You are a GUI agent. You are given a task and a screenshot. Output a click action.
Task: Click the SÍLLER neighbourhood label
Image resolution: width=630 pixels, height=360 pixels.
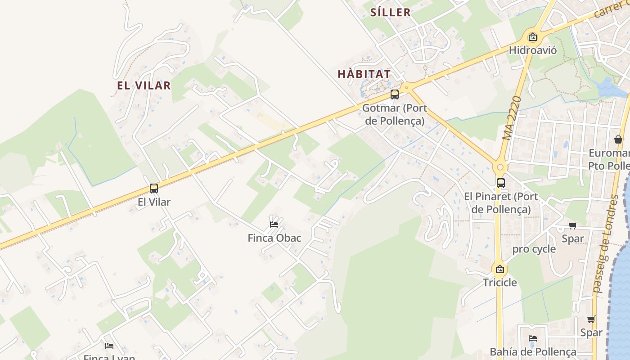pyautogui.click(x=390, y=12)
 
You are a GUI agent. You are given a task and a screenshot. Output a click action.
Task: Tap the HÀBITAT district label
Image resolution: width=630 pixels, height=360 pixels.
pyautogui.click(x=364, y=74)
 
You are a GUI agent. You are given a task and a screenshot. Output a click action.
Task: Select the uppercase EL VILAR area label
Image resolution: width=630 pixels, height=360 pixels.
pyautogui.click(x=144, y=85)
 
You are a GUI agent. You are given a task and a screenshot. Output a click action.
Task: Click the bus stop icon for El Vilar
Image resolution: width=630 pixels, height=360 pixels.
pyautogui.click(x=154, y=189)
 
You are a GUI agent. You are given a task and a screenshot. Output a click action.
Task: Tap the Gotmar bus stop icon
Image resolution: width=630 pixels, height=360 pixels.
pyautogui.click(x=395, y=94)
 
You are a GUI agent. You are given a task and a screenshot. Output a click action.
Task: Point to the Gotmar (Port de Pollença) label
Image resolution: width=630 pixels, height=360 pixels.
pyautogui.click(x=395, y=114)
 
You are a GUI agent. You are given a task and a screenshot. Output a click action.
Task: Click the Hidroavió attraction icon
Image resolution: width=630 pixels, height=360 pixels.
pyautogui.click(x=533, y=37)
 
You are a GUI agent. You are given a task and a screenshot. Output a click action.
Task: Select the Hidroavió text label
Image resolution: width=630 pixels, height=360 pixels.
pyautogui.click(x=533, y=50)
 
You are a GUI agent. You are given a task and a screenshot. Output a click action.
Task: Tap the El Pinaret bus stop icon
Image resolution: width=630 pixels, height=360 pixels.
pyautogui.click(x=501, y=183)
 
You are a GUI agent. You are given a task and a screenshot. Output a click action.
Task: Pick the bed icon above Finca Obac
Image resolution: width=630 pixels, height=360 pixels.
pyautogui.click(x=274, y=224)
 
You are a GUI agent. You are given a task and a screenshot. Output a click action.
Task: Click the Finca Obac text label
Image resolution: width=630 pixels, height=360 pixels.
pyautogui.click(x=274, y=238)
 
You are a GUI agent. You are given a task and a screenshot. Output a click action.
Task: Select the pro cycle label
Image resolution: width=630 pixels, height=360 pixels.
pyautogui.click(x=534, y=249)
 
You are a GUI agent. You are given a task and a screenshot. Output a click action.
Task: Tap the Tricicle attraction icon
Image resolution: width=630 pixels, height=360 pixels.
pyautogui.click(x=499, y=270)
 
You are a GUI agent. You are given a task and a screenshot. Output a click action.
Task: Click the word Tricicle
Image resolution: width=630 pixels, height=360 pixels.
pyautogui.click(x=500, y=283)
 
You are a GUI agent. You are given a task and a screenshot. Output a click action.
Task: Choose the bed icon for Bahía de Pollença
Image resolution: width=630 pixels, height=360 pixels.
pyautogui.click(x=533, y=338)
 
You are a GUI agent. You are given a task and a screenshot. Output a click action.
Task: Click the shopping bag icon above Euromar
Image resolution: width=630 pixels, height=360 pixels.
pyautogui.click(x=618, y=139)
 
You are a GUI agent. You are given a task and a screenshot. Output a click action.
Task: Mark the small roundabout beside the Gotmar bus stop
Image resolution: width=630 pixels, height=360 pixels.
pyautogui.click(x=407, y=87)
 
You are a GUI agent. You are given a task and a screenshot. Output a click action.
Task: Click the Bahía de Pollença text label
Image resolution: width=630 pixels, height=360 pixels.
pyautogui.click(x=533, y=351)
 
